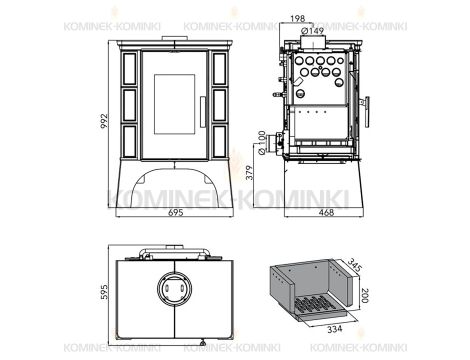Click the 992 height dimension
tap(104, 121)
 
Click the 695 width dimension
tap(175, 213)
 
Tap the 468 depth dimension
tap(326, 213)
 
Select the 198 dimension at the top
tap(297, 19)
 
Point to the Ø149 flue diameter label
tap(312, 31)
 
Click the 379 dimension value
tap(250, 172)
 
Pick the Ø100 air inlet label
tap(262, 143)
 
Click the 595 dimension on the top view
tap(104, 292)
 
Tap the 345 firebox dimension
tap(355, 265)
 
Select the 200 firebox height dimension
tap(364, 295)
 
